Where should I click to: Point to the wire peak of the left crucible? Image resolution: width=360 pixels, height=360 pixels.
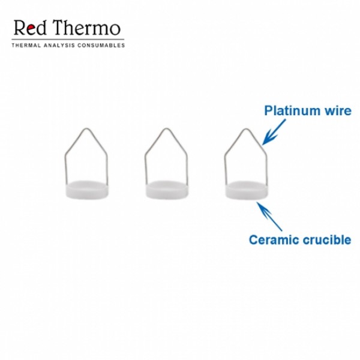[x=86, y=128]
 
